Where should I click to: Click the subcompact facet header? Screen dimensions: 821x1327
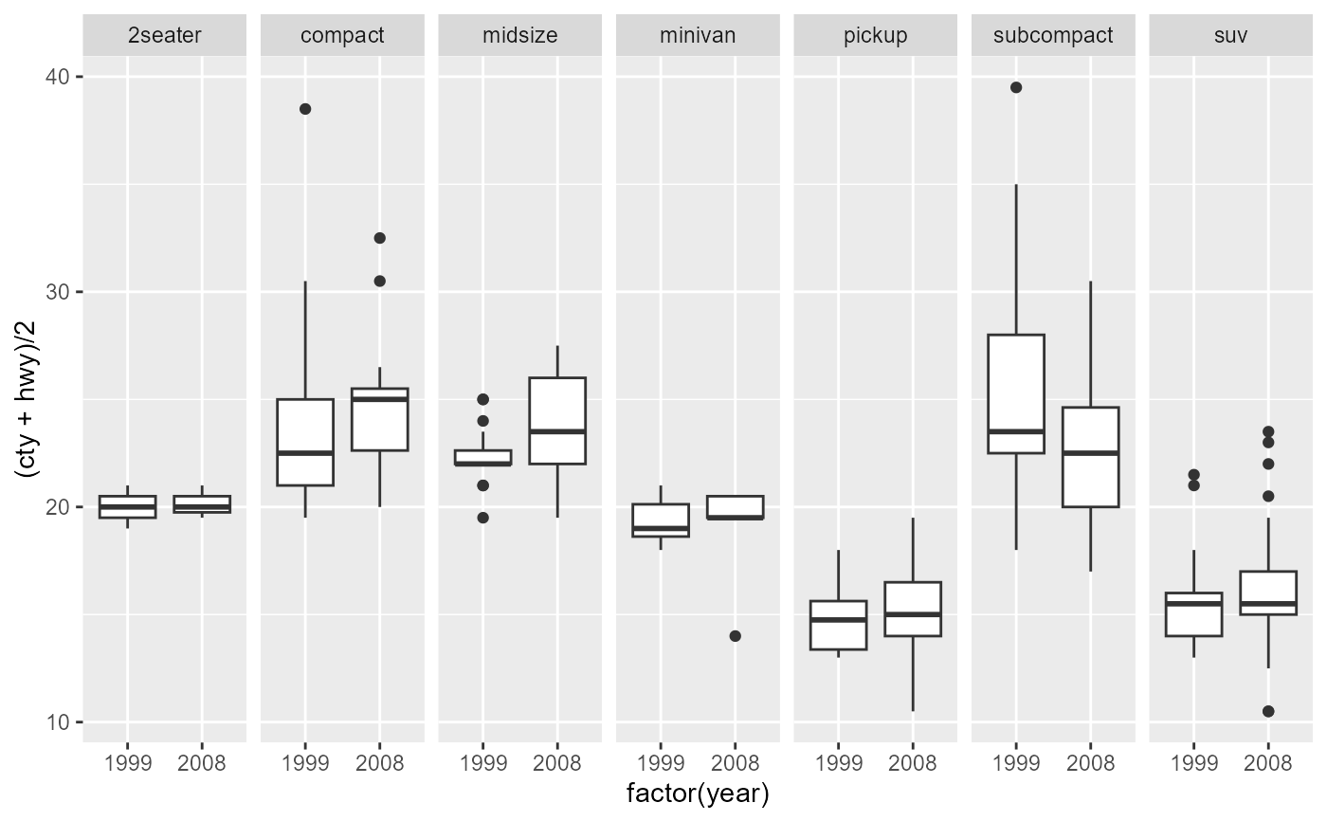point(1053,36)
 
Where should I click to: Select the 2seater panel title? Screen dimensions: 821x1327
point(164,36)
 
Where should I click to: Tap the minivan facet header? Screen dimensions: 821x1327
point(698,36)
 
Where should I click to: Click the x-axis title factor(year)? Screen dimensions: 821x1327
point(698,794)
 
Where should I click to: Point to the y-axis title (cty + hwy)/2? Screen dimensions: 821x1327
point(27,398)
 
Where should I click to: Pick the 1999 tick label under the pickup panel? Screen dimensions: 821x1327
point(838,763)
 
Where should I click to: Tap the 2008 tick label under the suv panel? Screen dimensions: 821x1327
point(1268,763)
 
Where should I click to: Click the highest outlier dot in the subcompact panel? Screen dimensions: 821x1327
point(1016,87)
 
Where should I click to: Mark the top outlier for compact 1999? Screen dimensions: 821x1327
point(305,109)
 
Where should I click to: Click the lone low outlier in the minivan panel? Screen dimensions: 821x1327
point(735,636)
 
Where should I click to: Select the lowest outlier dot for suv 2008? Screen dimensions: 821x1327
point(1268,711)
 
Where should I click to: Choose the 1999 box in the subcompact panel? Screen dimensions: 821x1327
point(1016,379)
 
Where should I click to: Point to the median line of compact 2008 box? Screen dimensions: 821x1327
point(379,399)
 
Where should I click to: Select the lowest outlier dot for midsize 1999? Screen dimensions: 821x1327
point(483,518)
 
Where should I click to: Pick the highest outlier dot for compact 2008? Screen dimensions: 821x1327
point(379,238)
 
